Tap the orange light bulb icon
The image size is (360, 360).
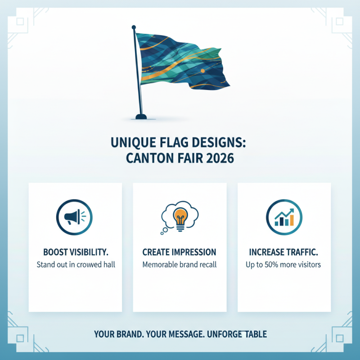180,217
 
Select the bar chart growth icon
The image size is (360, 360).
284,218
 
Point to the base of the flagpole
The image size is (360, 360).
141,117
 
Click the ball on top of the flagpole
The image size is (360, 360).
134,28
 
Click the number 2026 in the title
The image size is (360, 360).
220,159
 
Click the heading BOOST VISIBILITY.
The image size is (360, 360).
76,252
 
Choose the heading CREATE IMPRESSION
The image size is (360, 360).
180,252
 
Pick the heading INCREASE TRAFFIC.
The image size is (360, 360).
283,252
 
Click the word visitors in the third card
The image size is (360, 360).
308,265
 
